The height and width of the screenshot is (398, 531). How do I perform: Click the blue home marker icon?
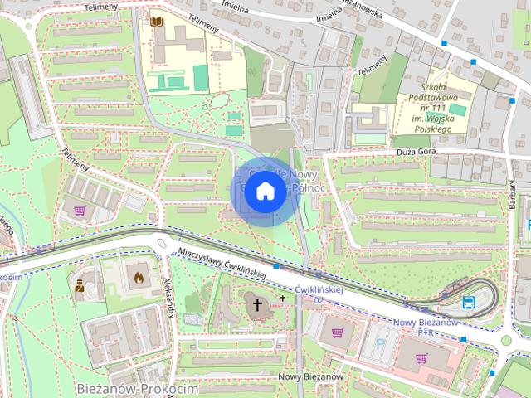point(265,191)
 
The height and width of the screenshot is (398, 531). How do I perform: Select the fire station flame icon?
point(137,275)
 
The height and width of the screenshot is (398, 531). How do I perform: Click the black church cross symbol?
point(257,306)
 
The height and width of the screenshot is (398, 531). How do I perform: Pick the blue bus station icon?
point(469,302)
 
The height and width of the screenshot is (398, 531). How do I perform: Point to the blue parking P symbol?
point(381,340)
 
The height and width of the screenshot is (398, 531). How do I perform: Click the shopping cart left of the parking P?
point(338,332)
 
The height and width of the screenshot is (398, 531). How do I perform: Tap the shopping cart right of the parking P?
point(422,358)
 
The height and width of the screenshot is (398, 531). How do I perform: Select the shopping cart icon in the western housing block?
point(80,210)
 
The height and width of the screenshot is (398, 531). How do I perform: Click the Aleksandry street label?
point(173,294)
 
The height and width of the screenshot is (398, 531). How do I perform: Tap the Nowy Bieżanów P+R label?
point(426,327)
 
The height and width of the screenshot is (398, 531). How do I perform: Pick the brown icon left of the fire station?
point(80,287)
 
